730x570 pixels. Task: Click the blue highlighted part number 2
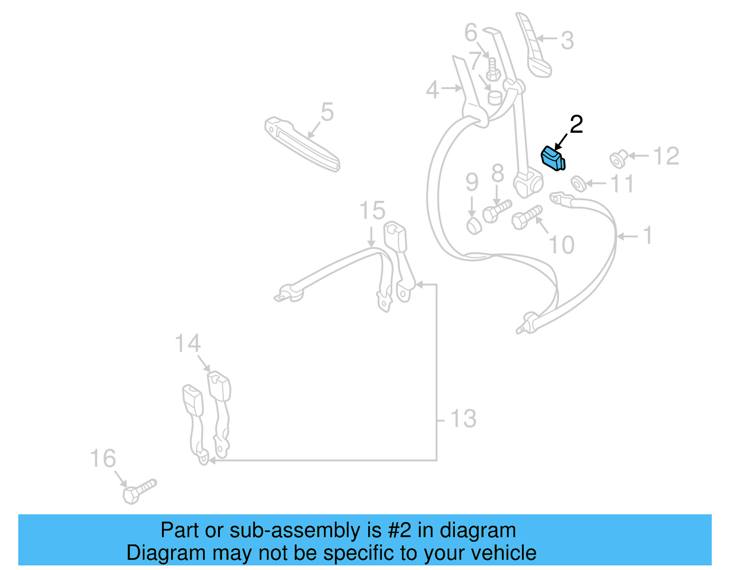(x=553, y=159)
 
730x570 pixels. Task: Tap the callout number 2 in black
(x=577, y=124)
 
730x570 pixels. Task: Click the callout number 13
(x=463, y=418)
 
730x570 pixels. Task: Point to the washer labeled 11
(x=579, y=183)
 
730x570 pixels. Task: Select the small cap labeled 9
(x=474, y=226)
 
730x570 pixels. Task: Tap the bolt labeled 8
(x=497, y=211)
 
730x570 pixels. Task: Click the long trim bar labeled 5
(x=302, y=144)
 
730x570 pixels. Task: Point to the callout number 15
(x=372, y=210)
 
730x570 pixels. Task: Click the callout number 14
(x=188, y=343)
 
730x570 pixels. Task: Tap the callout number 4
(x=433, y=90)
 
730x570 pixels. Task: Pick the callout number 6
(x=471, y=32)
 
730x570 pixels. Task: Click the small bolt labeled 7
(x=493, y=70)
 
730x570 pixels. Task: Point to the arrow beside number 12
(x=639, y=156)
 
